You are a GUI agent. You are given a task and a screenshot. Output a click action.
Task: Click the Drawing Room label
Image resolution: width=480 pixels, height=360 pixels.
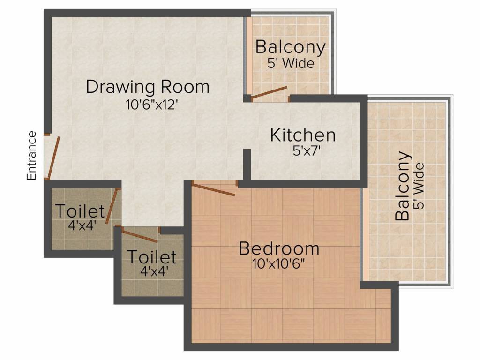coord(147,87)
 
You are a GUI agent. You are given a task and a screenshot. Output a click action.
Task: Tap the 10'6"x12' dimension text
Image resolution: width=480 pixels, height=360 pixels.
coord(151,105)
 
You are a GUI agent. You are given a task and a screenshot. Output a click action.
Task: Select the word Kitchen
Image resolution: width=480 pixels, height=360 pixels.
coord(303,135)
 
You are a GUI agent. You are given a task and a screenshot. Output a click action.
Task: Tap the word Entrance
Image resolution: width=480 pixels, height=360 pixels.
coord(31,156)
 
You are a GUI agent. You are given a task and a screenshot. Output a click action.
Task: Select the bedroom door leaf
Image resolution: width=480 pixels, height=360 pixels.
coord(213,189)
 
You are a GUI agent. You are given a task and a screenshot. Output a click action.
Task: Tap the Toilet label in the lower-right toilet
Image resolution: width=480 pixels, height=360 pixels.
coord(152,257)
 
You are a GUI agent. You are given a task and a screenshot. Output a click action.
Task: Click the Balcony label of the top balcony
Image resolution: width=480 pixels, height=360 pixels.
coord(290,47)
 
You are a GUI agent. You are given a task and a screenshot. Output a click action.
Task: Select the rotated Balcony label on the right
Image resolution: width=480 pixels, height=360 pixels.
coord(403,186)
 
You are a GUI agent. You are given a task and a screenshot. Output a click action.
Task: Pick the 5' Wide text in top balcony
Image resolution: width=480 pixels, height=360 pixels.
coord(291,63)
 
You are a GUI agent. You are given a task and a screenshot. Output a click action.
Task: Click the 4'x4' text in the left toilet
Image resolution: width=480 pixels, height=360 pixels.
coord(82,225)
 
